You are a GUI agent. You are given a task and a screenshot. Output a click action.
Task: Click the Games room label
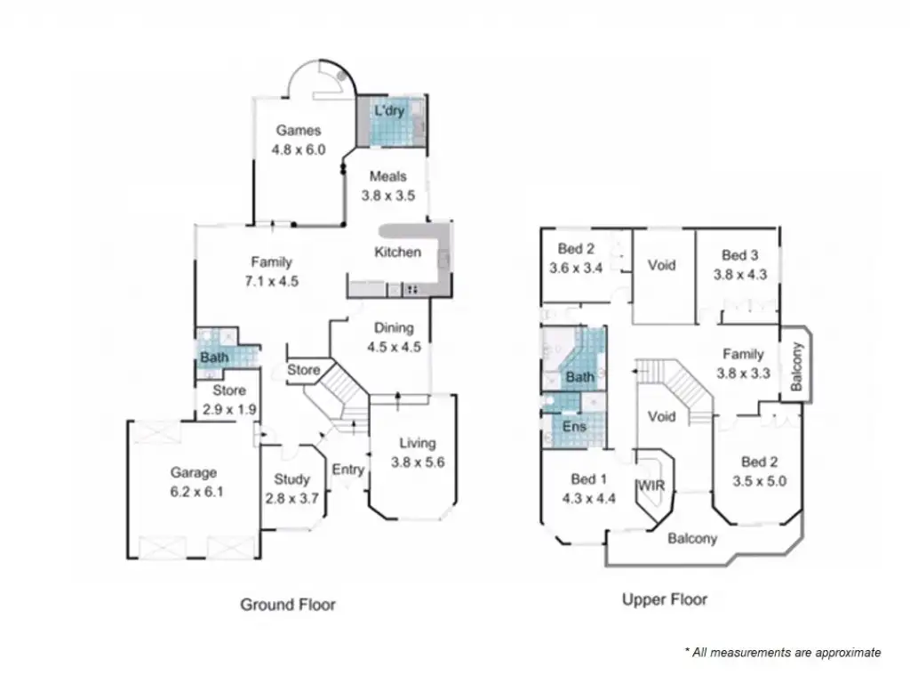tap(298, 131)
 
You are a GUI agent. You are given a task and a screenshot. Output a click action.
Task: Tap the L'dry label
tap(388, 111)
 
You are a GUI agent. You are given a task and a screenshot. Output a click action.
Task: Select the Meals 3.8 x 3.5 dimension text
tap(388, 196)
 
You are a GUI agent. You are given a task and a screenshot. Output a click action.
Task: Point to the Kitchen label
tap(397, 252)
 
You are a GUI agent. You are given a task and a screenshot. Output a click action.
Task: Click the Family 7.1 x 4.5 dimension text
tap(271, 281)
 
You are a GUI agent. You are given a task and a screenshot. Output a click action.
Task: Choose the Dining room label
tap(394, 327)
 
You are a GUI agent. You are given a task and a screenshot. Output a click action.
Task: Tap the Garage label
tap(194, 472)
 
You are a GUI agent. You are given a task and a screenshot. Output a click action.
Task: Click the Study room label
tap(291, 480)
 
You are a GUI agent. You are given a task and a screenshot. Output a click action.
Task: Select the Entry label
tap(347, 470)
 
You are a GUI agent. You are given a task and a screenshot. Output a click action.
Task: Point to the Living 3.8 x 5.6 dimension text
tap(417, 462)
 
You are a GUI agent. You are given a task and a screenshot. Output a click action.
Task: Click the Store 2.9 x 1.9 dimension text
tap(228, 410)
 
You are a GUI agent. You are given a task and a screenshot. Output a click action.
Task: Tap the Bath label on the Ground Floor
tap(213, 358)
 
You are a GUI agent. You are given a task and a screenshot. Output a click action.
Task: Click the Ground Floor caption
tap(288, 605)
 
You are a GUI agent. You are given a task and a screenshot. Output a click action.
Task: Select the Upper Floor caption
tap(665, 599)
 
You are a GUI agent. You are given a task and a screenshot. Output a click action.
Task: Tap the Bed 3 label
tap(739, 254)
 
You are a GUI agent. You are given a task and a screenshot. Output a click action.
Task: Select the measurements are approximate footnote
tap(783, 652)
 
